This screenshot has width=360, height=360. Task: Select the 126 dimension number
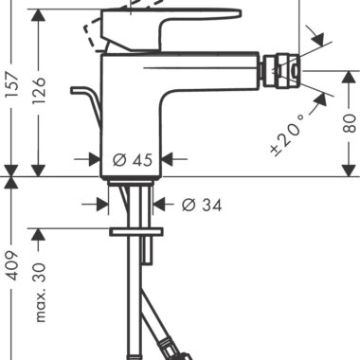point(40,90)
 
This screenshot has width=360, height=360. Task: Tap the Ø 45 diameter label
point(133,160)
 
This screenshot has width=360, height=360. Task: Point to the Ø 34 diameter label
point(202,206)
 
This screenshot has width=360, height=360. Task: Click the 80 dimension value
point(349,123)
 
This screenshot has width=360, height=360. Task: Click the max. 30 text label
point(41,292)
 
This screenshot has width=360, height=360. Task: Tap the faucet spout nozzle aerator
point(281,71)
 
